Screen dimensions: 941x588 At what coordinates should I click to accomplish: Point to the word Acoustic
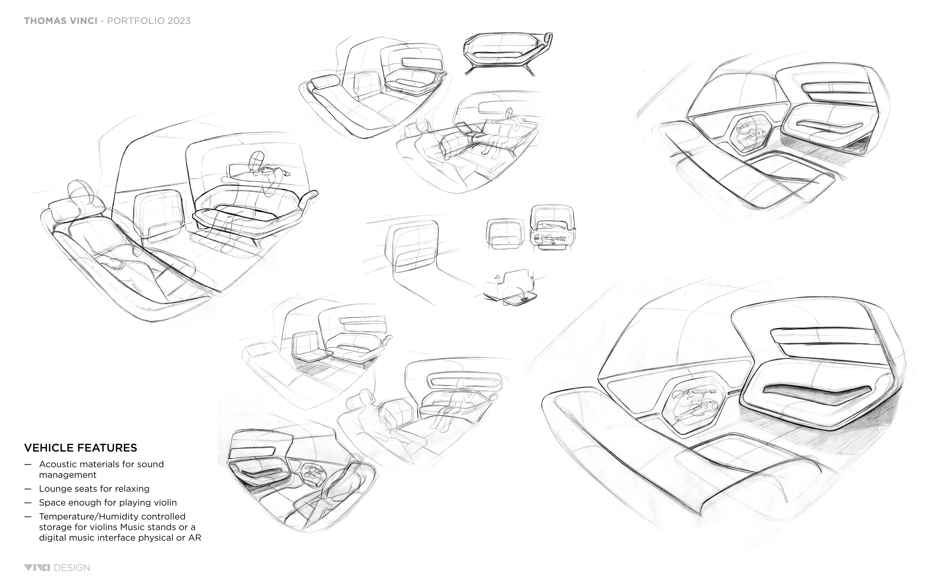(x=57, y=464)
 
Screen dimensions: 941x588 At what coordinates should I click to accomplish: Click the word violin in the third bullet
(x=165, y=502)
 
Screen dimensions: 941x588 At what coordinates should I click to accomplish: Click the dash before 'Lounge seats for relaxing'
(x=28, y=489)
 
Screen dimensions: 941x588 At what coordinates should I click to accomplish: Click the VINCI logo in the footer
(x=37, y=568)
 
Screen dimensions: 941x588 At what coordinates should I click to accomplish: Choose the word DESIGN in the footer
(x=72, y=568)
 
